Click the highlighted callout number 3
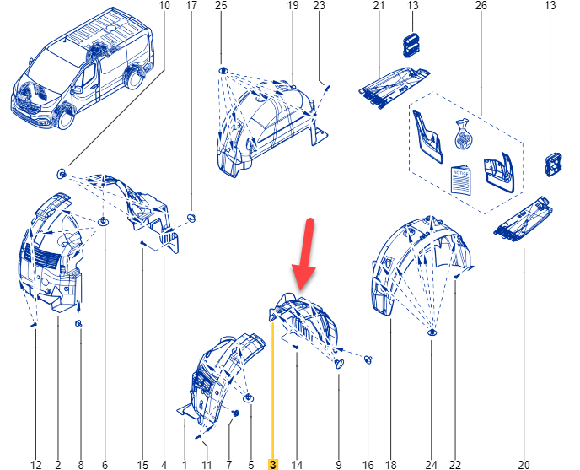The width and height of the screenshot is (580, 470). [272, 464]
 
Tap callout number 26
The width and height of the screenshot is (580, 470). [481, 6]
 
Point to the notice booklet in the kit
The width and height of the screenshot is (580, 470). [461, 180]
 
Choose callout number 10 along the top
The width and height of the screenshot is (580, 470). [164, 6]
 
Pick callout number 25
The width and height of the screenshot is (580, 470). [221, 6]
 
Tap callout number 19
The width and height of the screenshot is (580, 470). [293, 6]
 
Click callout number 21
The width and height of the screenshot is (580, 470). [379, 6]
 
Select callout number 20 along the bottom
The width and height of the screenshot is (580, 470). [524, 464]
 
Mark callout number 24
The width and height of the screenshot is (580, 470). [432, 464]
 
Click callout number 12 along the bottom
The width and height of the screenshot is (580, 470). [36, 464]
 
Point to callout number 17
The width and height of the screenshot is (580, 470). [191, 6]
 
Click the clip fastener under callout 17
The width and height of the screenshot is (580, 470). [191, 218]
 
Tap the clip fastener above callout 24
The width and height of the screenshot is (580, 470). [432, 332]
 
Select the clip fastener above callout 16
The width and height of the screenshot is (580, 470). [368, 359]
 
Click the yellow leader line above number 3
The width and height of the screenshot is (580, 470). [272, 391]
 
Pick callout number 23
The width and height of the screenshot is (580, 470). [320, 6]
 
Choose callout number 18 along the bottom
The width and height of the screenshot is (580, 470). [391, 464]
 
